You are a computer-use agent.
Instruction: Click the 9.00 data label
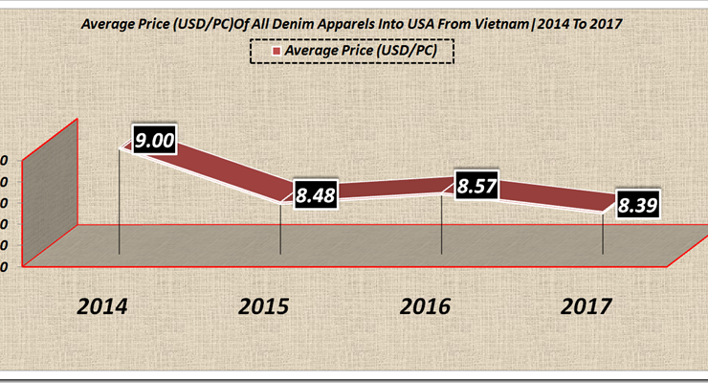coord(155,142)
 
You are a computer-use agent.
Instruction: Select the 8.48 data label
coord(315,194)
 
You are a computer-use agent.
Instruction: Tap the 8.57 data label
coord(476,187)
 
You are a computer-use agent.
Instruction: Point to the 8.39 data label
coord(637,204)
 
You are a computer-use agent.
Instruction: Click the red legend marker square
coord(276,51)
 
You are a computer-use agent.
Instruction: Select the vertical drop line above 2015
coord(280,230)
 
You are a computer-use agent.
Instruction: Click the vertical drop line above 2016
coord(441,225)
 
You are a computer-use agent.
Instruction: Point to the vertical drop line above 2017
coord(603,235)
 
